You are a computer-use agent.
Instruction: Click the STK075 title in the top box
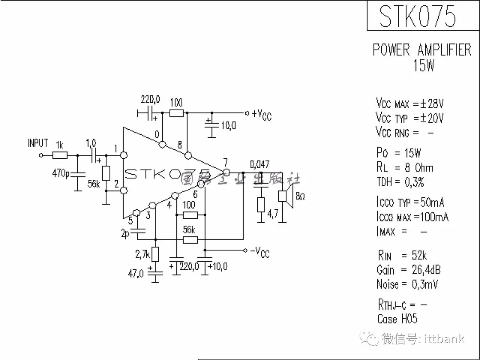[x=417, y=16]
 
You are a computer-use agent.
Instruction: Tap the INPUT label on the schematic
[x=38, y=143]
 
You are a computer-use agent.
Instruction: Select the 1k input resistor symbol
[x=60, y=156]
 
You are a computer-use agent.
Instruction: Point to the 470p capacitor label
[x=60, y=173]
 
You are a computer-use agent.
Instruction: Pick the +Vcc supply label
[x=261, y=114]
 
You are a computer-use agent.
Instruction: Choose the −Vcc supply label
[x=260, y=252]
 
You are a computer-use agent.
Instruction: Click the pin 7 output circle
[x=226, y=172]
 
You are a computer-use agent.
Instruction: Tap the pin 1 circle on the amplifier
[x=124, y=156]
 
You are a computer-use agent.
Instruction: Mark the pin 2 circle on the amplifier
[x=124, y=191]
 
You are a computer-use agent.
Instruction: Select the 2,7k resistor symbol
[x=155, y=254]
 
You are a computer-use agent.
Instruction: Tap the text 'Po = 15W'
[x=399, y=153]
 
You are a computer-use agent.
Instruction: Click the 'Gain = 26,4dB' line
[x=408, y=270]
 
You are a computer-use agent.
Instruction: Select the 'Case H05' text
[x=397, y=319]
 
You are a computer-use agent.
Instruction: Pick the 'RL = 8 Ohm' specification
[x=404, y=168]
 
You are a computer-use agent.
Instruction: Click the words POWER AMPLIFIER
[x=422, y=50]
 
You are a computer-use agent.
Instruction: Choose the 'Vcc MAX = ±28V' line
[x=409, y=104]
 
